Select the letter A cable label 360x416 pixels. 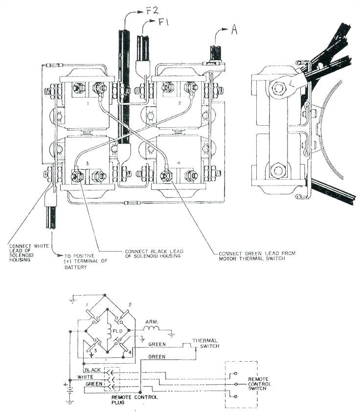(x=234, y=30)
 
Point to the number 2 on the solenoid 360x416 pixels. (x=180, y=104)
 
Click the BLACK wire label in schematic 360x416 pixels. (x=93, y=370)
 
